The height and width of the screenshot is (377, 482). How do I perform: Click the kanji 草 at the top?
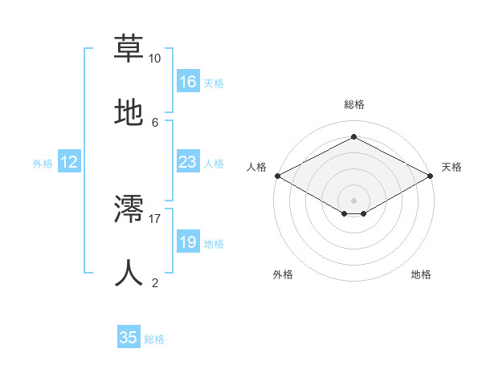(129, 47)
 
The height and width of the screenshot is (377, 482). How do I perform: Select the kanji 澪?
(129, 208)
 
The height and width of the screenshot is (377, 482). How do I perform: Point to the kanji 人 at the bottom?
(129, 272)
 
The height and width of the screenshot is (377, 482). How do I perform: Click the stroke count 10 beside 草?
(154, 59)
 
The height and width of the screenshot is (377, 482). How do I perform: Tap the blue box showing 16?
(188, 82)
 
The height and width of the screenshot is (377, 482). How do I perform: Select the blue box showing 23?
(188, 162)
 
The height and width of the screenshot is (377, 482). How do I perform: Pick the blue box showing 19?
(188, 242)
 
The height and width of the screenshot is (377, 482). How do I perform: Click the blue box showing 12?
(69, 162)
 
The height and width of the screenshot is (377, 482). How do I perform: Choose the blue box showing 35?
(129, 338)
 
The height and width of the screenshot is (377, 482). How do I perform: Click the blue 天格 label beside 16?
(214, 83)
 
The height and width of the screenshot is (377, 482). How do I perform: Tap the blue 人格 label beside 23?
(214, 164)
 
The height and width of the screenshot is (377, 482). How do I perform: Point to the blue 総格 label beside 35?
(154, 339)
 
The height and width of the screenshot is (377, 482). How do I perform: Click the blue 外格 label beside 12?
(43, 164)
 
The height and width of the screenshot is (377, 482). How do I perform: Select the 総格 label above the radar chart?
(353, 104)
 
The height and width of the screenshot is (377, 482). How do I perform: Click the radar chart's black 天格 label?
(451, 167)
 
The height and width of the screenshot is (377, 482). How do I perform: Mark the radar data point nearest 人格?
(277, 176)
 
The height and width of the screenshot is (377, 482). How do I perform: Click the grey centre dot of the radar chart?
(353, 200)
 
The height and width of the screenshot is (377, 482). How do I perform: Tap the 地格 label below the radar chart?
(421, 274)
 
